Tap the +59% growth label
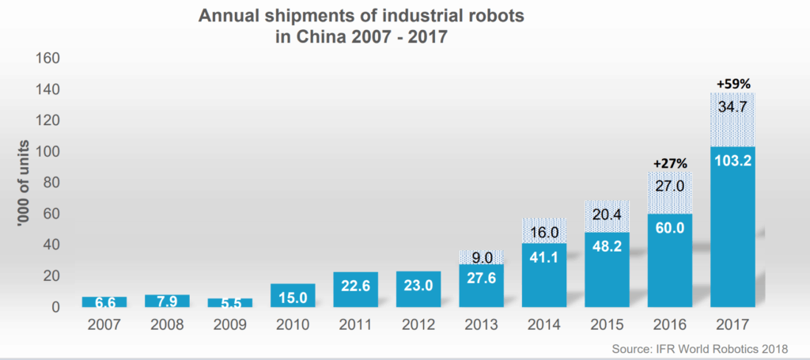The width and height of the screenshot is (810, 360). [x=732, y=82]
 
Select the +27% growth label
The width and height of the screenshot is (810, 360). [x=669, y=162]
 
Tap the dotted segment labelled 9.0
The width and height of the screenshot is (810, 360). [x=481, y=256]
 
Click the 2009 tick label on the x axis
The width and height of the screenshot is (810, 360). [x=229, y=325]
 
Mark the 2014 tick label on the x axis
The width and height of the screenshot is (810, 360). [x=544, y=325]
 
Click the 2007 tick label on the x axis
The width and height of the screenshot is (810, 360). [x=104, y=325]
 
